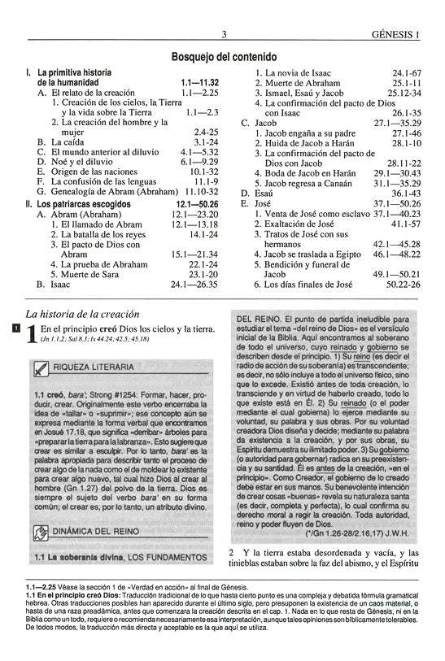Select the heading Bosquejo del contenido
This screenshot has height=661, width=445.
point(222,57)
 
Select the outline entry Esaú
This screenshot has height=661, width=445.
point(267,193)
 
